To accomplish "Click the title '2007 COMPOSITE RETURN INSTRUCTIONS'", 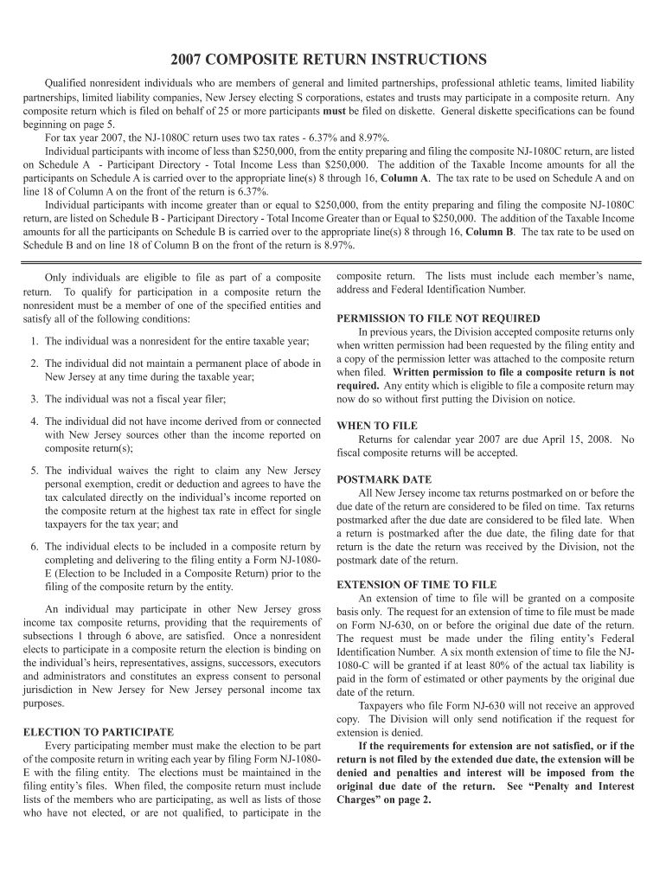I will click(x=329, y=60).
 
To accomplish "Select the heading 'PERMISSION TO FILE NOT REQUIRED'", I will click(x=439, y=318).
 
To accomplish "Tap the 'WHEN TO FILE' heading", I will click(x=377, y=426).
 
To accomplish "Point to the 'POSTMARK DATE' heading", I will click(x=383, y=479).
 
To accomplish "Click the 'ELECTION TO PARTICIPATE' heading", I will click(x=98, y=732).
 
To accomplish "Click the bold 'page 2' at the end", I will click(x=413, y=799).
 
